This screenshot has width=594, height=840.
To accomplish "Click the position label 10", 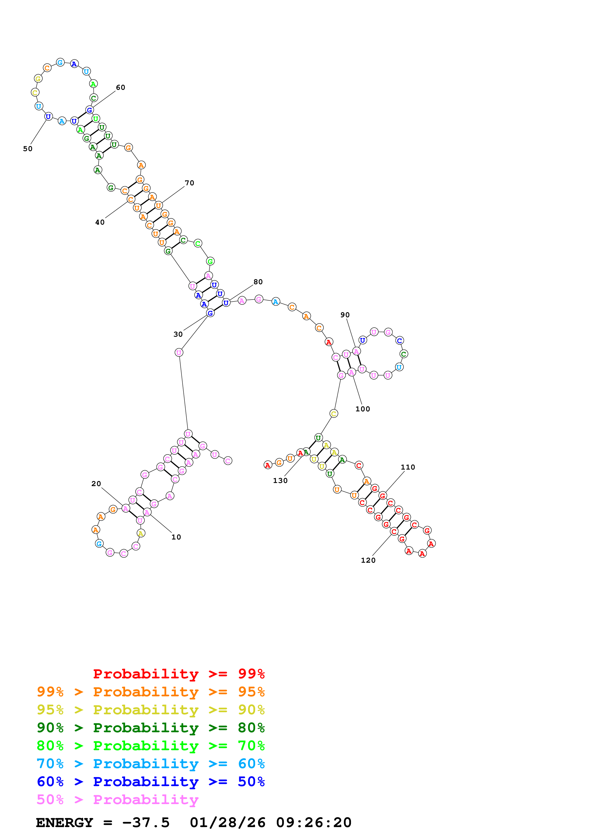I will click(176, 537).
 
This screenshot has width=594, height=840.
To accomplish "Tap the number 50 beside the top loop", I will click(28, 149).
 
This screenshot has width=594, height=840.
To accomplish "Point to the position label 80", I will click(258, 282).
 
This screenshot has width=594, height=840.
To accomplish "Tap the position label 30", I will click(178, 334).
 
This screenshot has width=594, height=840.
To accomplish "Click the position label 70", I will click(189, 183).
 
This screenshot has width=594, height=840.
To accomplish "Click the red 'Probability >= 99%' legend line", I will click(179, 674).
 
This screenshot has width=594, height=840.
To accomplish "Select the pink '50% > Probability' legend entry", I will click(117, 800).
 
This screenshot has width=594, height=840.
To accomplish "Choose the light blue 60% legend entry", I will click(150, 764).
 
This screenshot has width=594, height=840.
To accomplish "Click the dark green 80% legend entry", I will click(150, 728).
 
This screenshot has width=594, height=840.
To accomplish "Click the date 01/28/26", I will click(227, 823).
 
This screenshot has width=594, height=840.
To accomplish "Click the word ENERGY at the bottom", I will click(64, 823).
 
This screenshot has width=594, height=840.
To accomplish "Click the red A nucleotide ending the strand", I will click(268, 465).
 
